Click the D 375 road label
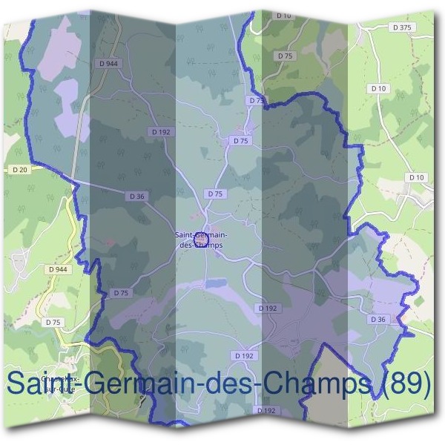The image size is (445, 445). [x=403, y=27]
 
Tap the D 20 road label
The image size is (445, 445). [x=20, y=170]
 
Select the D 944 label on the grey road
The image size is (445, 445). [x=108, y=65]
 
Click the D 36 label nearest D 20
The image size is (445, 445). [x=136, y=197]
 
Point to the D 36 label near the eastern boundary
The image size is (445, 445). [x=378, y=319]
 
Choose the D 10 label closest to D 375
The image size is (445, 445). [x=379, y=89]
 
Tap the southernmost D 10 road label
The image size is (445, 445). [x=416, y=177]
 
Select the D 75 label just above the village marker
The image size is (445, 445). [x=215, y=194]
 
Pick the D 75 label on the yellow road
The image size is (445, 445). [x=53, y=323]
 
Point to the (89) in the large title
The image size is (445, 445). [x=403, y=384]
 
